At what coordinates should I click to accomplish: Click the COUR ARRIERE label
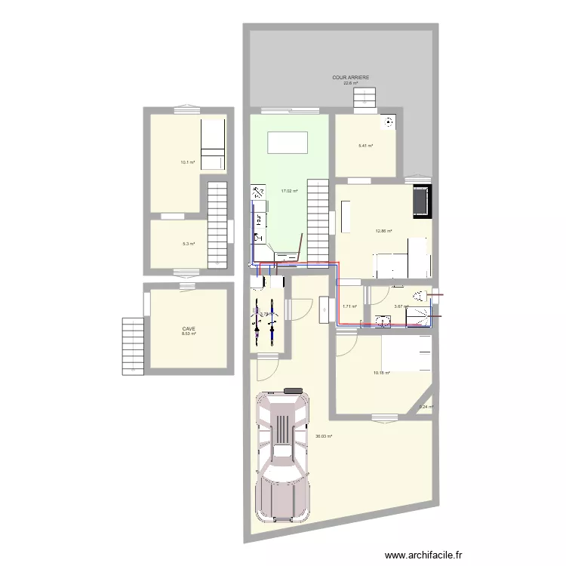351,77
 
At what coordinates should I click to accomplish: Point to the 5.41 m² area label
366,145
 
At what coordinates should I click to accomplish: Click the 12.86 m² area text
384,231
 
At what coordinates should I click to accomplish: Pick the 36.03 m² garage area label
324,435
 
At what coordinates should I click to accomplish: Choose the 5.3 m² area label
188,244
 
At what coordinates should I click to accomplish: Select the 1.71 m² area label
349,306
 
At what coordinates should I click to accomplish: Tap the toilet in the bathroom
420,295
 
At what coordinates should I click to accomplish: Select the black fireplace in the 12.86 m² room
421,201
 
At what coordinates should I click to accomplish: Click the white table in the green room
288,142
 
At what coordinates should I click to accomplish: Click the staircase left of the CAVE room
133,345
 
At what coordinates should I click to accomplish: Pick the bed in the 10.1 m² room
213,144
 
